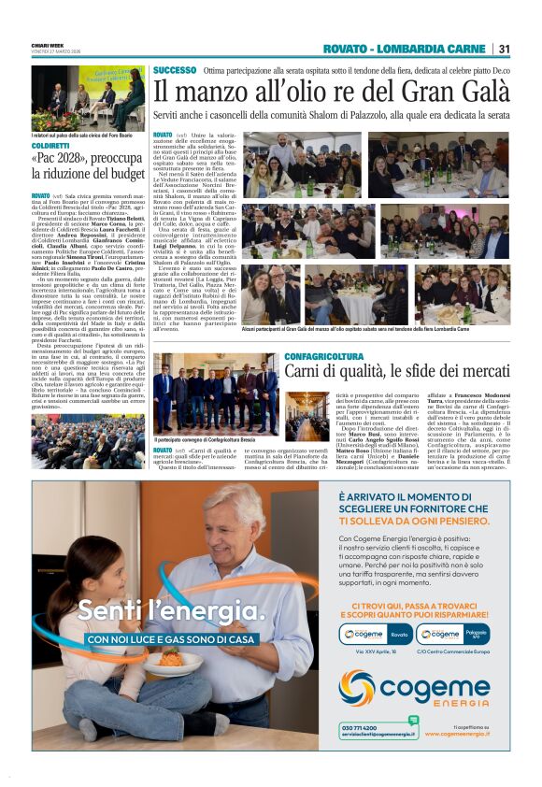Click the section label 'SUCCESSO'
[175, 70]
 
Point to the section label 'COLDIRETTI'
[50, 147]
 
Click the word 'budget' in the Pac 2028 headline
[116, 175]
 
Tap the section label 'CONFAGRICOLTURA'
[324, 356]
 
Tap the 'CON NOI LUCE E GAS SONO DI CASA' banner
[167, 639]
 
